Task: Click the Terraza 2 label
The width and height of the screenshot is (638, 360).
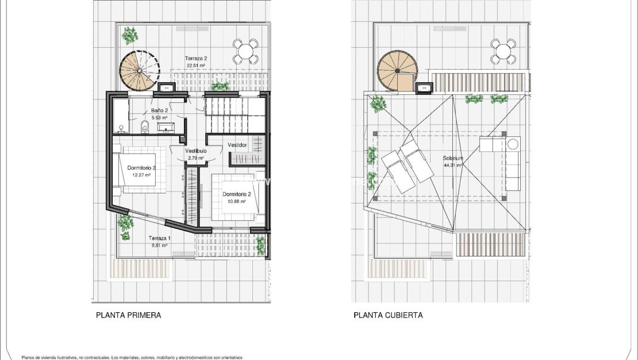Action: (196, 58)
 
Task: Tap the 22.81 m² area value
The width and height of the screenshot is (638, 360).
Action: (195, 66)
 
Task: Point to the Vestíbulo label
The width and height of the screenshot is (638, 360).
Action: (195, 151)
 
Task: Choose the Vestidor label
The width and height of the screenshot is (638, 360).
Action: (237, 145)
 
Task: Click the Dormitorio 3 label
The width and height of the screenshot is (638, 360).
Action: (141, 168)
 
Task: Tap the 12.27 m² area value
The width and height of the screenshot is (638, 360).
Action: (141, 175)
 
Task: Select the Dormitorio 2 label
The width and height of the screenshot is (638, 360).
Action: (237, 194)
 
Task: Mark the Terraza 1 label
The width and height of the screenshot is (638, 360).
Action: (159, 238)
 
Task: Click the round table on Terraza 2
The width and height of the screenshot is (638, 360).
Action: (245, 51)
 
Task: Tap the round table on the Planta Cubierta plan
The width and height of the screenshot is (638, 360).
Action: (504, 51)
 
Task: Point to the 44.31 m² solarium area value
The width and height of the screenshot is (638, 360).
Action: (453, 165)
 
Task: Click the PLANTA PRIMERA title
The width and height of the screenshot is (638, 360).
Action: (128, 315)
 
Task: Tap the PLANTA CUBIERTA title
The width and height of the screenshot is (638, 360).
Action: (388, 315)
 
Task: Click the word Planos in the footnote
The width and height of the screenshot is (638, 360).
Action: (28, 357)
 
